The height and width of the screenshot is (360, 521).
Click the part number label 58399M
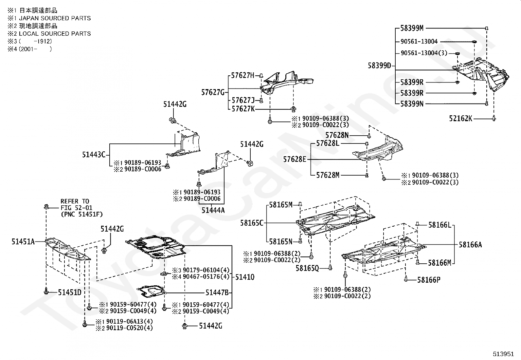412,28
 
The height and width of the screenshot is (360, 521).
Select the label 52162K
460,119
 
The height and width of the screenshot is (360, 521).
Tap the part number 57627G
213,92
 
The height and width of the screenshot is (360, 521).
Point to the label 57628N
337,135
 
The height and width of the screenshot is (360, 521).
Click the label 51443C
94,155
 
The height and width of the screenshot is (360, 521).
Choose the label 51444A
213,210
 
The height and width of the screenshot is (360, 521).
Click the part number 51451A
23,242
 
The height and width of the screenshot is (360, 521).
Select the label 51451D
70,292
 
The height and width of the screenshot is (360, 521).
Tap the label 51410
245,277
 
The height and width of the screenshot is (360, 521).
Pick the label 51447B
217,293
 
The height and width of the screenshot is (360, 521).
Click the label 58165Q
307,268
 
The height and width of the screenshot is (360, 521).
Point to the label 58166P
429,280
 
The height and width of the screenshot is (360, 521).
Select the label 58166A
470,245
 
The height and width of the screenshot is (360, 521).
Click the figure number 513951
503,354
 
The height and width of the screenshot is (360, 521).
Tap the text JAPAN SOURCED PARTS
55,18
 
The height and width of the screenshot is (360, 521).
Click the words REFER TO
75,201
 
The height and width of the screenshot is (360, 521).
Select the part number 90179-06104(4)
206,270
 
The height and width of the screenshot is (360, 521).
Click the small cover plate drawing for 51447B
151,291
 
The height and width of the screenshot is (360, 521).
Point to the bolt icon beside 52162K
494,119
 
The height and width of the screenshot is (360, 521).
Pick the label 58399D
379,66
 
